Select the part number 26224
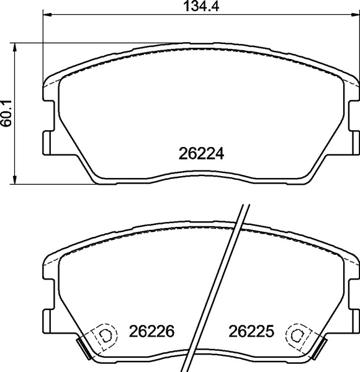200,153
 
